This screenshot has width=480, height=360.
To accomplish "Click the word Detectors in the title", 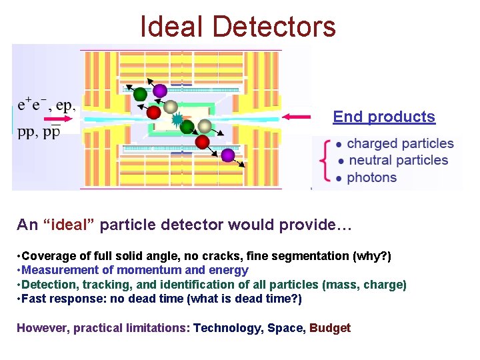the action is [275, 27].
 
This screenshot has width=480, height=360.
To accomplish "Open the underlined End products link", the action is [384, 117].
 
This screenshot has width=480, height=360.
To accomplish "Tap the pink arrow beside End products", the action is [297, 117].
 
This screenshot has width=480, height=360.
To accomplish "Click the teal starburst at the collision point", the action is [177, 120].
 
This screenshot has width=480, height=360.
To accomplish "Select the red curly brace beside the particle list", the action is [325, 160].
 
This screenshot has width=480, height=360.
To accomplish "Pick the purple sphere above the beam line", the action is [160, 90].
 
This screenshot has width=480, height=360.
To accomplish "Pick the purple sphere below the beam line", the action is [228, 155].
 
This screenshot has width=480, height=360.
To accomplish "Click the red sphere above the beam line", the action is [154, 111].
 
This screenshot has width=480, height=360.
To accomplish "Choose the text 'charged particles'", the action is [400, 143].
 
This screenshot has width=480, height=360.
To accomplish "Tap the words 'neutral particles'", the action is [398, 160].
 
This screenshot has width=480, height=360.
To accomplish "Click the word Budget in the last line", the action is [330, 327].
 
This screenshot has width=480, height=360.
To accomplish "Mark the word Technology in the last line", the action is [226, 327].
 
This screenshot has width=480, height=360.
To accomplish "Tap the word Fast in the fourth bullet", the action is [33, 299].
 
